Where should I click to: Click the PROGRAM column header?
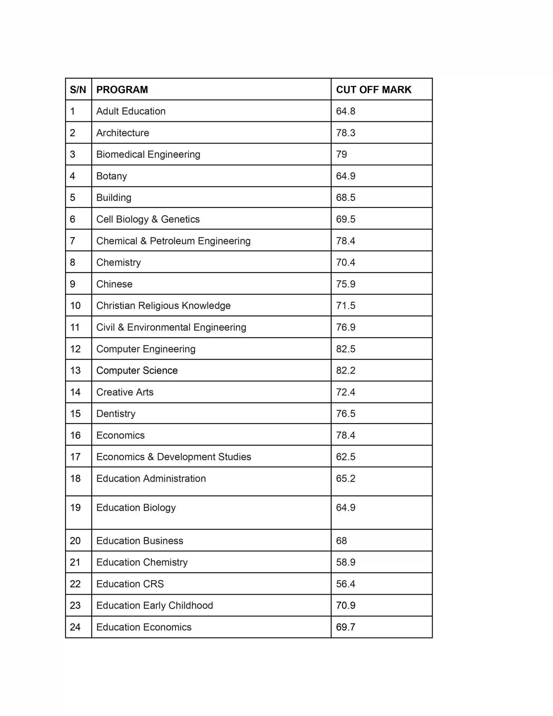click(x=122, y=89)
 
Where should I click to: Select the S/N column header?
click(x=78, y=89)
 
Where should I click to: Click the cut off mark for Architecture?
click(x=346, y=133)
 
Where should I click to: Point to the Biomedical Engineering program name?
click(x=148, y=154)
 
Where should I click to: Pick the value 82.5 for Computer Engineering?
click(x=346, y=349)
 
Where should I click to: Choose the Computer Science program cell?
click(x=137, y=371)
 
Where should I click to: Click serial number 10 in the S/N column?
click(x=75, y=305)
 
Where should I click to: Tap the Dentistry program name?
click(x=116, y=414)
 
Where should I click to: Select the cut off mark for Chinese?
click(x=346, y=284)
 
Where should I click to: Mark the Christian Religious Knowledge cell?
click(x=163, y=305)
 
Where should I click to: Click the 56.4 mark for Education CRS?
click(x=346, y=584)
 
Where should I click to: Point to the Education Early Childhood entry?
click(x=154, y=606)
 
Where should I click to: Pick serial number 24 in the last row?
click(x=75, y=627)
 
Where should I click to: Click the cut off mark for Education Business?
click(x=341, y=541)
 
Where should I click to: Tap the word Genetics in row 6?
click(x=180, y=219)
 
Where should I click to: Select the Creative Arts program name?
click(x=125, y=392)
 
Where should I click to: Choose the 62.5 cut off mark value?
click(x=346, y=457)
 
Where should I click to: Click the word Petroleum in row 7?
click(x=172, y=241)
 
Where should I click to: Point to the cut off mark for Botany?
click(x=346, y=176)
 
